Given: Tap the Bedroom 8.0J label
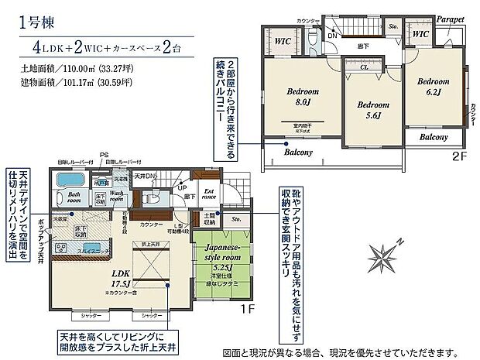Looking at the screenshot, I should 302,96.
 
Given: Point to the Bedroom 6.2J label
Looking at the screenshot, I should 433,86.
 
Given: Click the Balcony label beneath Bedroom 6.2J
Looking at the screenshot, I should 433,137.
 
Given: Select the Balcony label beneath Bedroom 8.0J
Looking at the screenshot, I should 298,153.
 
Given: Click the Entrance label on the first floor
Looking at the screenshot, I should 209,194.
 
